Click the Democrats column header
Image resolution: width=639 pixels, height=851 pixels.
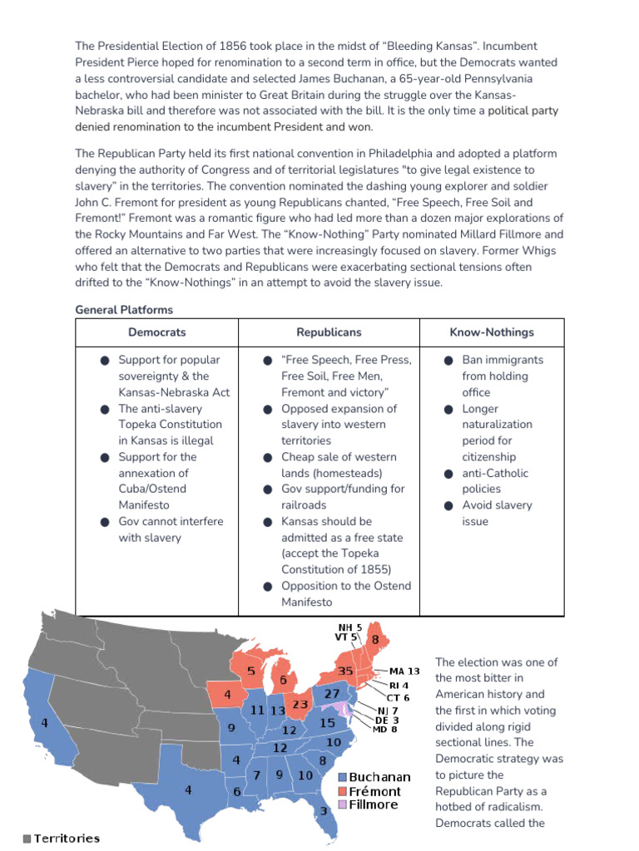click(156, 332)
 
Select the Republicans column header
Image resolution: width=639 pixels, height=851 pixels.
click(329, 332)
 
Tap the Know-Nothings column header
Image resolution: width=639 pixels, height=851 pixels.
click(492, 332)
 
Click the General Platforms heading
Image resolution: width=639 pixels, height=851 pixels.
click(124, 310)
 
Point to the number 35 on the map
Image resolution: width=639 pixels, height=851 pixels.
click(346, 671)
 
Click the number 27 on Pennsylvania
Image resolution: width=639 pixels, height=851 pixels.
click(331, 693)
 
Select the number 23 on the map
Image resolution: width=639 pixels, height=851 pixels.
click(300, 704)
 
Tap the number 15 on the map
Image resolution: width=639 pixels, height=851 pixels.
click(327, 723)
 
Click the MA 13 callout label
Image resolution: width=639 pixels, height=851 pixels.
click(404, 671)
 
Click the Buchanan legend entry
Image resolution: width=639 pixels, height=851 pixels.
click(374, 777)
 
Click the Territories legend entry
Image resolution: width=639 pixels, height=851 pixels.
click(62, 839)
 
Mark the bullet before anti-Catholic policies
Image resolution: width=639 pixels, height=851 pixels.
click(447, 474)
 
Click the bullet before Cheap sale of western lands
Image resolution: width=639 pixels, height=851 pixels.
click(268, 458)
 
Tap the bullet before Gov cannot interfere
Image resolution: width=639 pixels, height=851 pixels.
click(105, 522)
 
